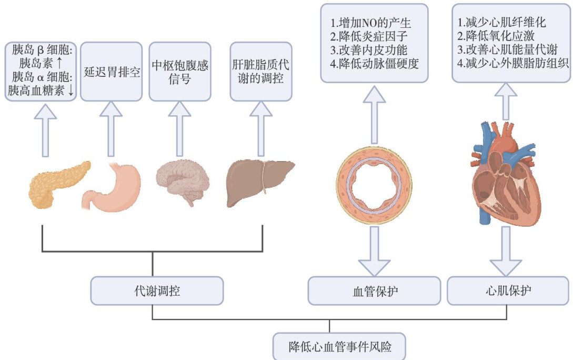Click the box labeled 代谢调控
[157, 290]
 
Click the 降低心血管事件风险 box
[339, 346]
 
